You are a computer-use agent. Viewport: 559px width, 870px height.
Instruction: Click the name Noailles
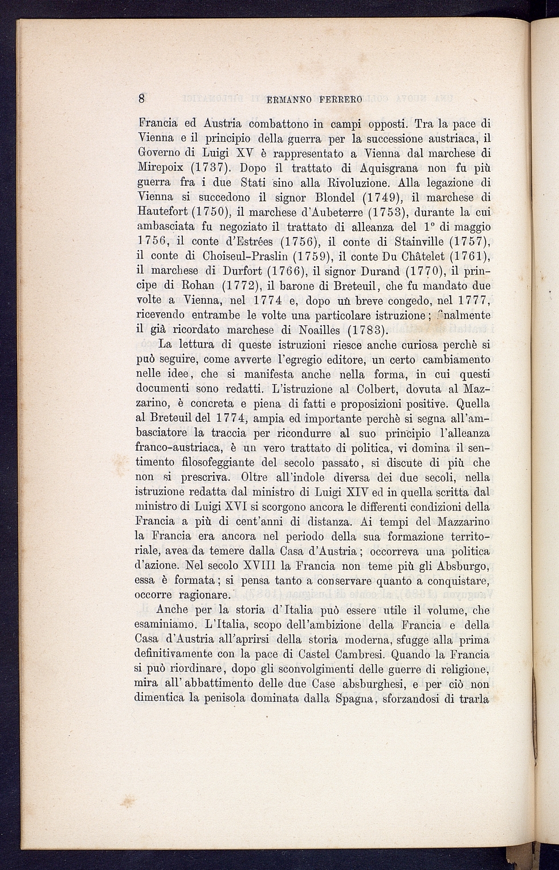pos(311,330)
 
